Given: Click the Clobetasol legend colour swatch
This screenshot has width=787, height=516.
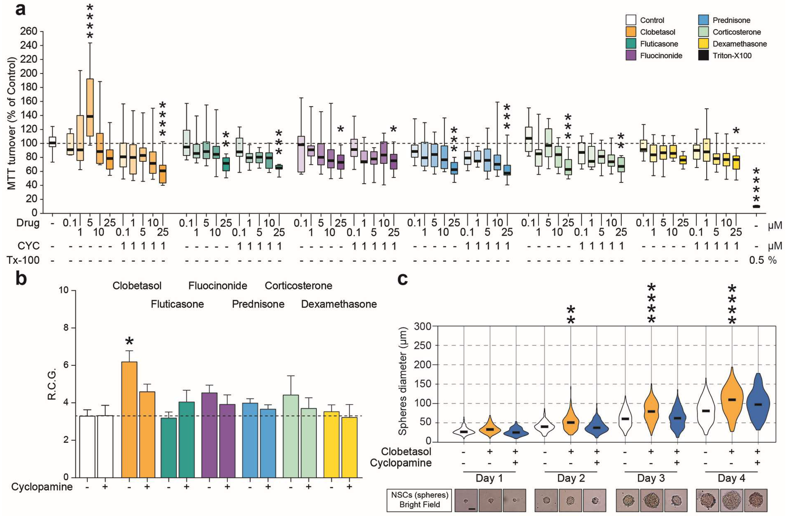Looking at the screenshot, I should [631, 32].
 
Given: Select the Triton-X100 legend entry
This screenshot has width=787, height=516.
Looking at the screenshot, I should [732, 56].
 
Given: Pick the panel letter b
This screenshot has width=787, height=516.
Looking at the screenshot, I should [21, 279].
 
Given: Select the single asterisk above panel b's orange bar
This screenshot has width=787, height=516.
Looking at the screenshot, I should [129, 342].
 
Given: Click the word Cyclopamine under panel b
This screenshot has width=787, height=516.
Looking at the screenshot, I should [42, 487].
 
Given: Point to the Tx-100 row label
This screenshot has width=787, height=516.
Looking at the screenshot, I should [23, 260].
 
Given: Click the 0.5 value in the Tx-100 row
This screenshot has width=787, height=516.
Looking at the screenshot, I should [756, 260].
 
